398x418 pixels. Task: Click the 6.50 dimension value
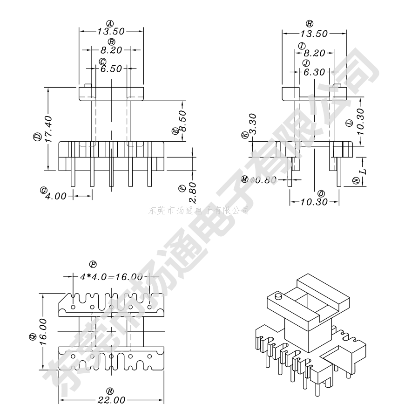point(111,69)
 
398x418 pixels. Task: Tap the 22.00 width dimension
point(111,400)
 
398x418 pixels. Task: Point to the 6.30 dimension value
point(314,72)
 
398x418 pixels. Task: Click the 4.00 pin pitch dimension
point(56,196)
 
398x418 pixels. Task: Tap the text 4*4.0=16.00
point(111,277)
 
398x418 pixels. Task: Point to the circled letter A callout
point(110,23)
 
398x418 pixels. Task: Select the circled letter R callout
point(110,391)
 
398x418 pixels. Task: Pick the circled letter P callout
point(93,264)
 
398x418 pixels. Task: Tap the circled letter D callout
point(36,137)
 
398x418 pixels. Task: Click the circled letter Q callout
point(33,336)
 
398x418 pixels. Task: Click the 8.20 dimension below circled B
point(111,50)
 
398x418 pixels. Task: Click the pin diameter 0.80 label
point(263,180)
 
